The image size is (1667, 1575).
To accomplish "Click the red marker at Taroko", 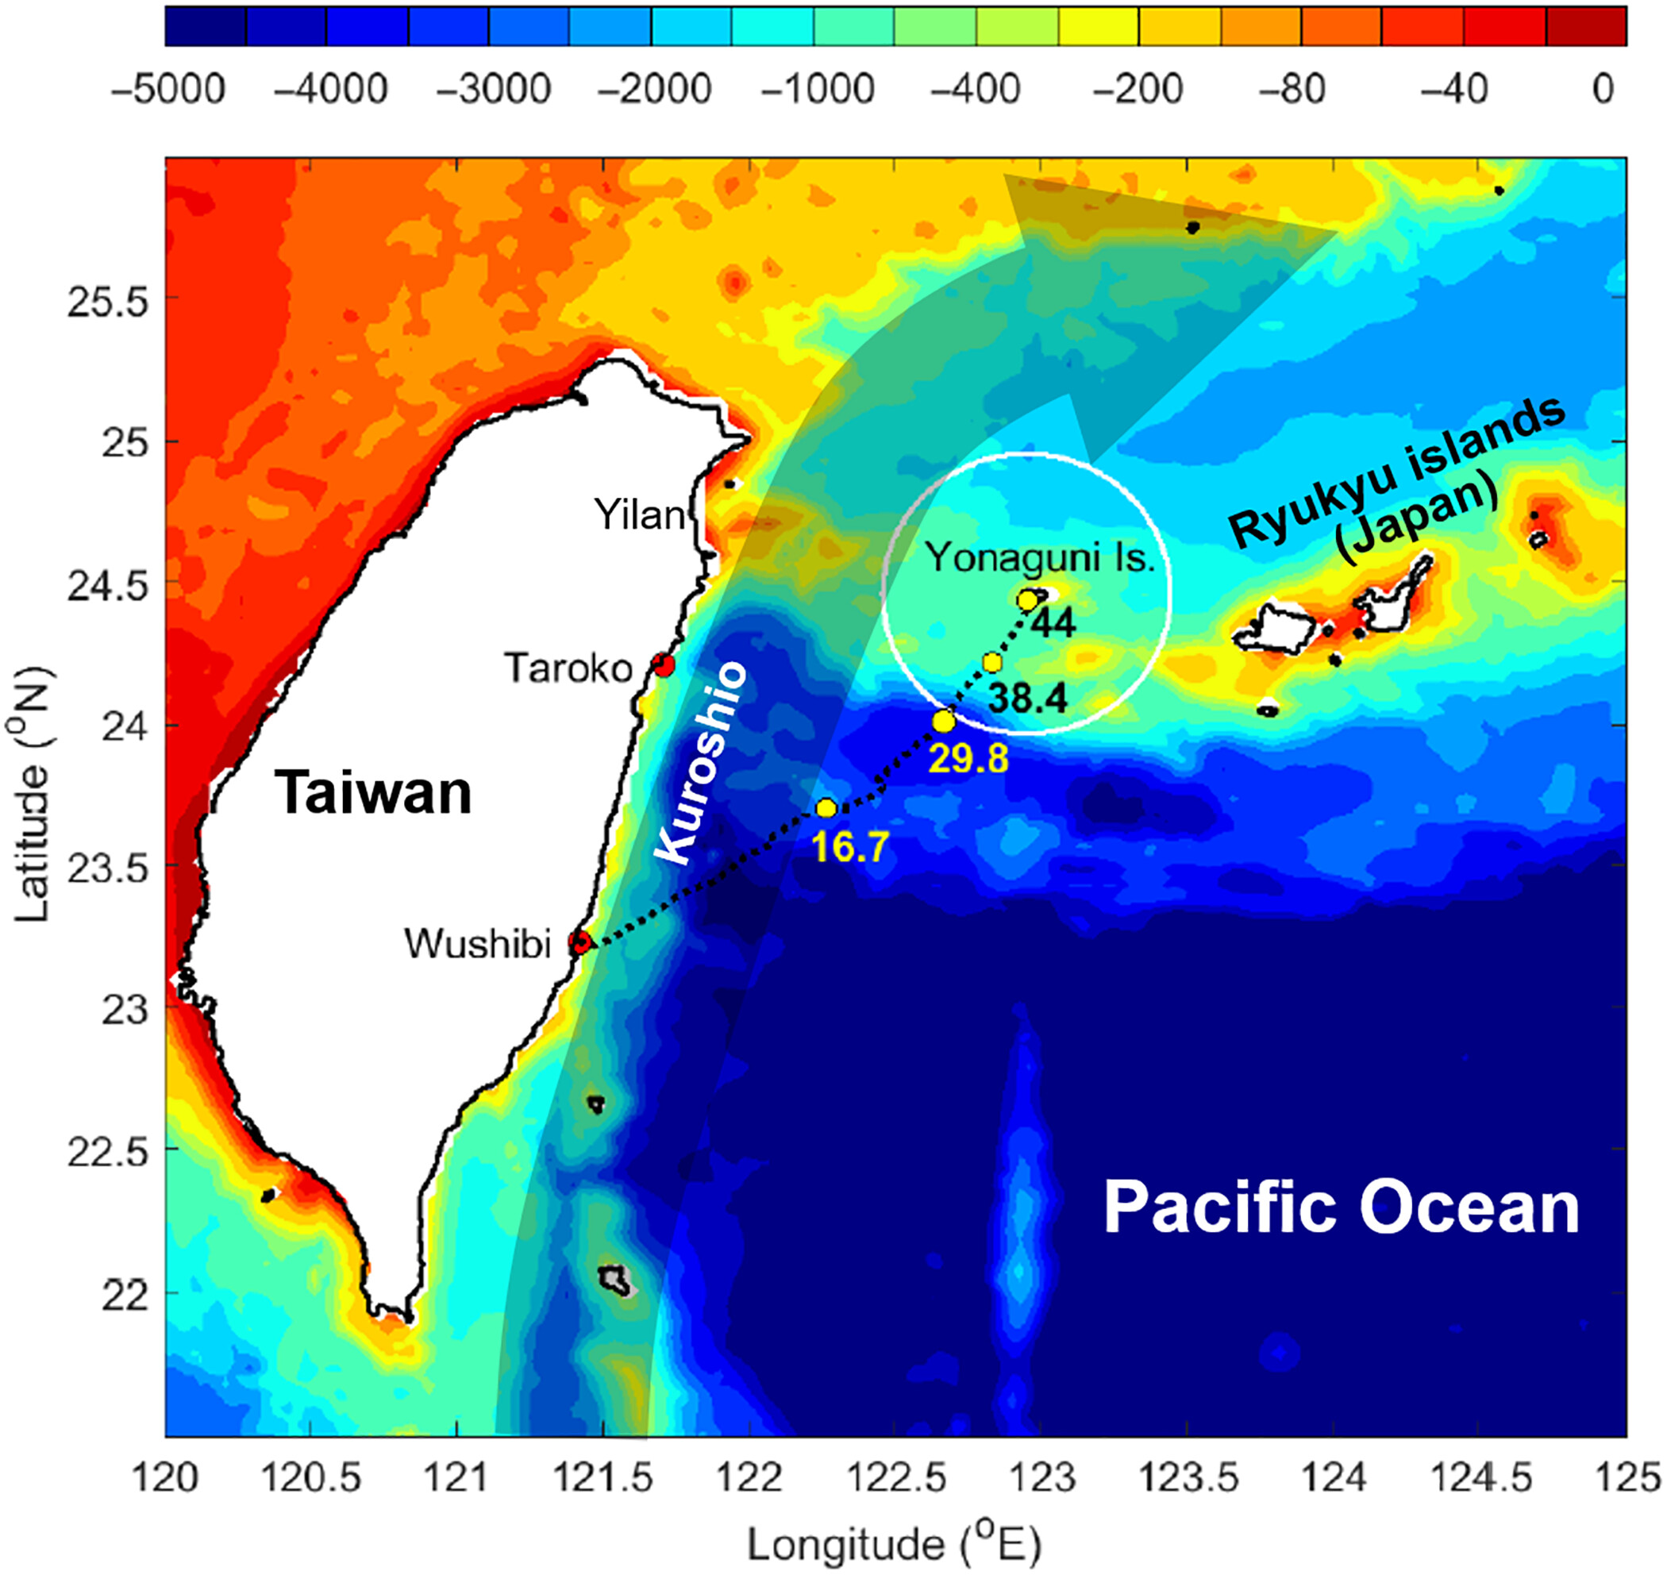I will pyautogui.click(x=664, y=666).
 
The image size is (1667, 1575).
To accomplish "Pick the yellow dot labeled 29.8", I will pyautogui.click(x=944, y=721).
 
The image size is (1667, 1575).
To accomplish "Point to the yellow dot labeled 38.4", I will pyautogui.click(x=992, y=662).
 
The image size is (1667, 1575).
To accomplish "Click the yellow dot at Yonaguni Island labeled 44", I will pyautogui.click(x=1027, y=600).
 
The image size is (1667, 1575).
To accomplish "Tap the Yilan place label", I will pyautogui.click(x=640, y=514).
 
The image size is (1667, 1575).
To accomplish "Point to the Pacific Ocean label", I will pyautogui.click(x=1341, y=1209).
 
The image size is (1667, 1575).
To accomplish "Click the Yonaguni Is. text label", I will pyautogui.click(x=1040, y=557).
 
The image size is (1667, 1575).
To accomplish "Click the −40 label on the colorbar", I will pyautogui.click(x=1453, y=89).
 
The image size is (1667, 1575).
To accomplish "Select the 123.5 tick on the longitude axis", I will pyautogui.click(x=1188, y=1477).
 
